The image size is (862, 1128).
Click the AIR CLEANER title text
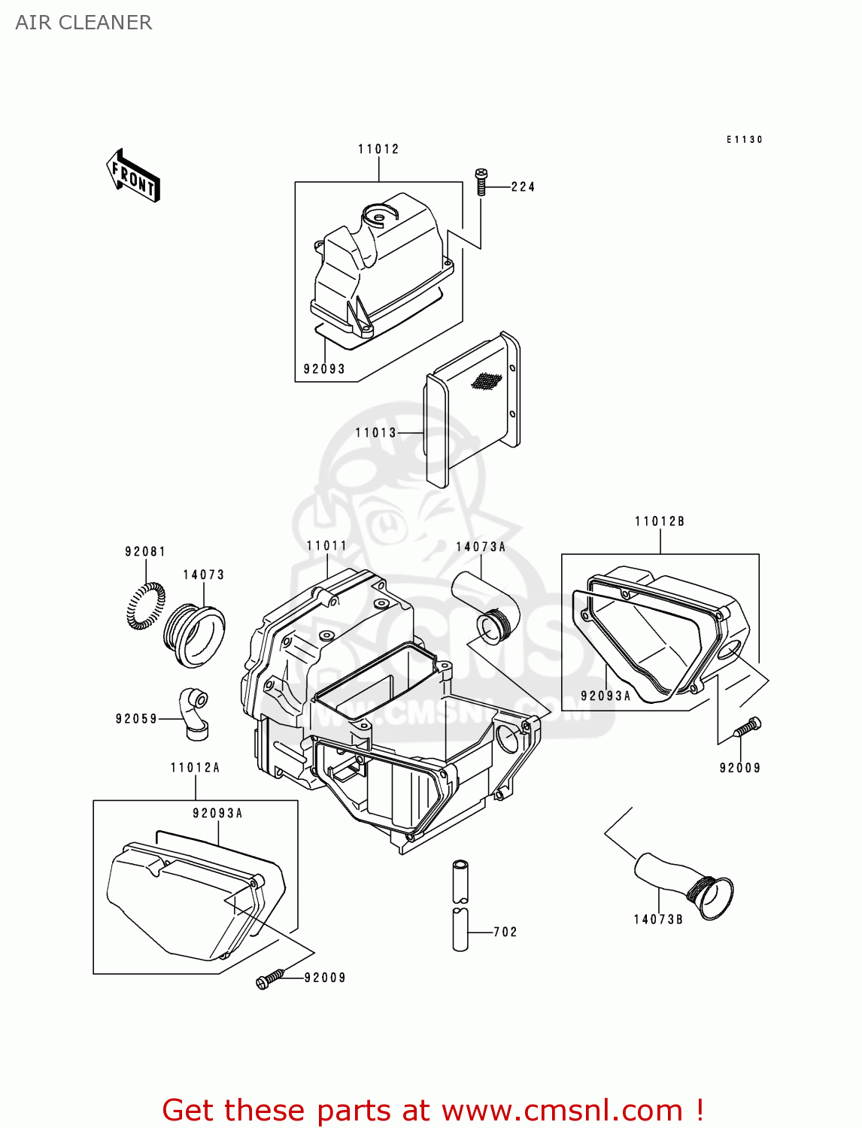click(x=83, y=23)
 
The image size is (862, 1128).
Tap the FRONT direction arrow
click(x=133, y=176)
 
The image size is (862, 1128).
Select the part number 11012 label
click(x=378, y=149)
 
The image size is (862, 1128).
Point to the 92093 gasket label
click(x=324, y=369)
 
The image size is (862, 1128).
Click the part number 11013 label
click(x=375, y=432)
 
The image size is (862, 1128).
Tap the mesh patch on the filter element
click(x=486, y=381)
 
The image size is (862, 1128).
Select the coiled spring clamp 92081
click(x=146, y=605)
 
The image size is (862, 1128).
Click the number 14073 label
click(x=204, y=575)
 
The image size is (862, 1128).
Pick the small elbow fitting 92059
click(x=194, y=711)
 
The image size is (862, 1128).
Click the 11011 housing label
click(x=326, y=545)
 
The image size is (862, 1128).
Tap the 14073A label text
click(x=481, y=547)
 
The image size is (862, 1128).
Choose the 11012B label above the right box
click(x=660, y=521)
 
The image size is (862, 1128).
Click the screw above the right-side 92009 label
click(x=747, y=727)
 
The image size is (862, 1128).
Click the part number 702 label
click(x=505, y=932)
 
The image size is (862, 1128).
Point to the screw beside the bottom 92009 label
click(x=270, y=978)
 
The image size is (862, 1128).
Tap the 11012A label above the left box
click(x=196, y=767)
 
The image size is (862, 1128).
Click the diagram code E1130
click(x=744, y=139)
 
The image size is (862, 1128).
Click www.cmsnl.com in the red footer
click(x=562, y=1110)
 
